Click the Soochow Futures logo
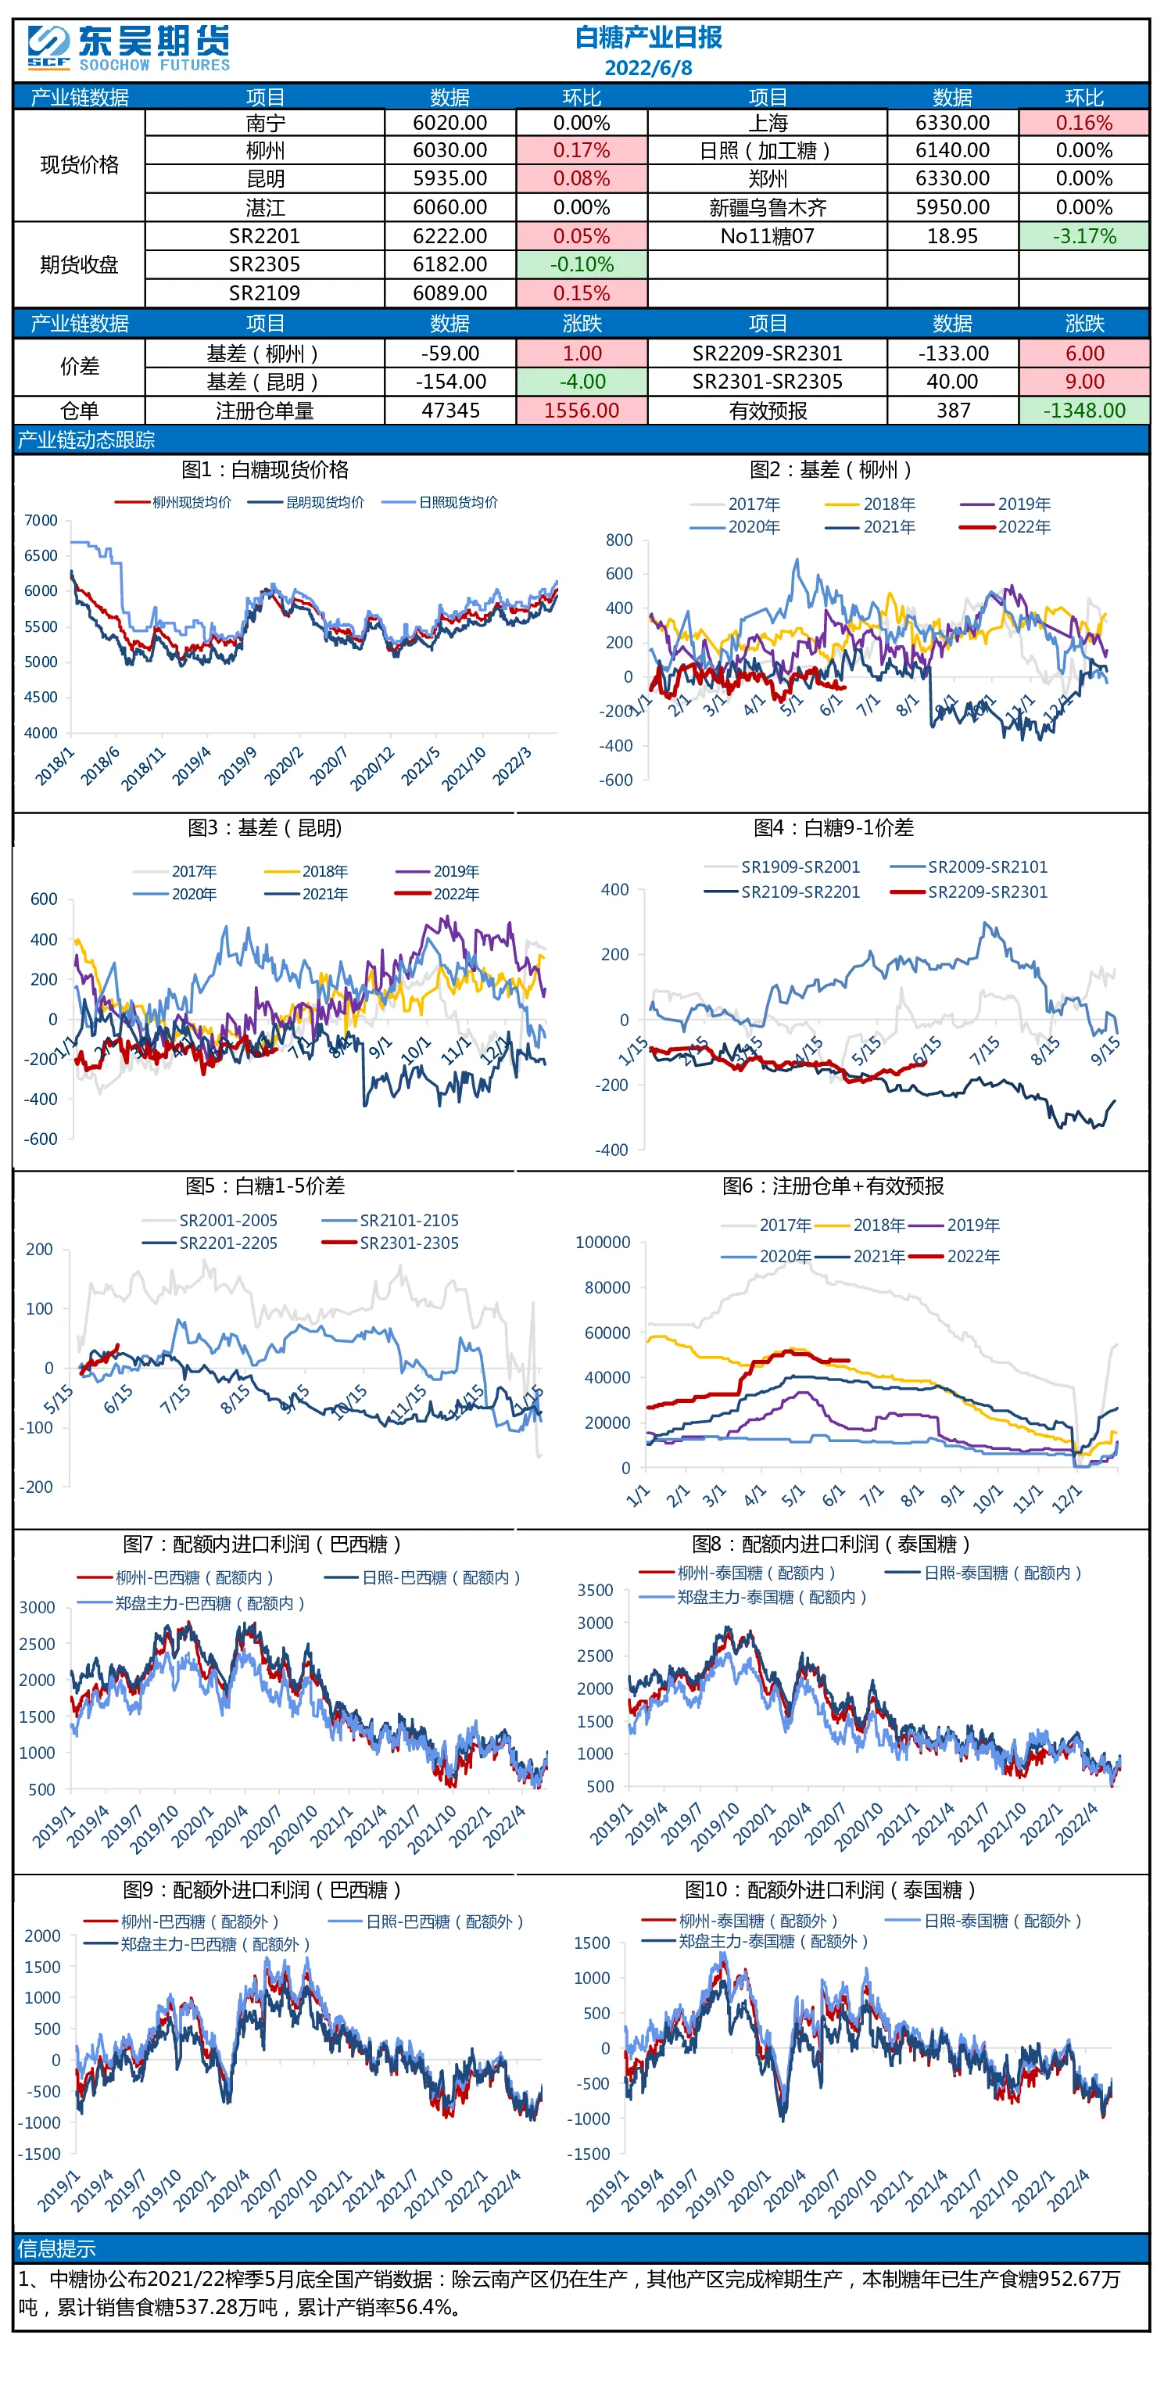click(x=128, y=48)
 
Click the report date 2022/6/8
click(x=647, y=68)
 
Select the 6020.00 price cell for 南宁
click(x=449, y=123)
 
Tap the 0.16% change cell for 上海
click(x=1083, y=123)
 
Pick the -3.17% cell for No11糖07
click(x=1083, y=236)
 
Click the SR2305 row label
click(x=265, y=265)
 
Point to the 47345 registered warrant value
click(x=450, y=411)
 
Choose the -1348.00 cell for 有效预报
click(x=1083, y=411)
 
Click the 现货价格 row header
click(x=80, y=165)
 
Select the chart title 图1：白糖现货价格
click(x=265, y=470)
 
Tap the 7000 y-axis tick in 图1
click(x=41, y=520)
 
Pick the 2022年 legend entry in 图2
click(x=1005, y=528)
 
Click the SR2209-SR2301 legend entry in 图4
click(x=969, y=892)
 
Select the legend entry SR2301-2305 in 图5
click(x=390, y=1243)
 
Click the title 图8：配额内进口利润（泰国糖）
click(x=832, y=1544)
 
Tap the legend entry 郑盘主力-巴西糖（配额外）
click(x=196, y=1944)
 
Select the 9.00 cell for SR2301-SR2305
click(x=1083, y=382)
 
